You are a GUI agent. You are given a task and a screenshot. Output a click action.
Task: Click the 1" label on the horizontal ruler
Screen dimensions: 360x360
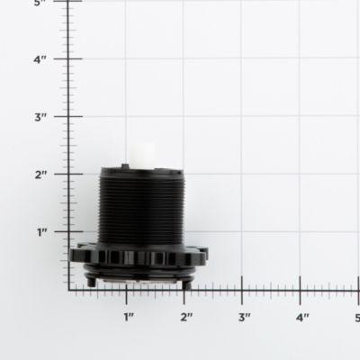pyautogui.click(x=128, y=317)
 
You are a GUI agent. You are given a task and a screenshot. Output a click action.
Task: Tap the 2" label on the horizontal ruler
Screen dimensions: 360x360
pyautogui.click(x=185, y=317)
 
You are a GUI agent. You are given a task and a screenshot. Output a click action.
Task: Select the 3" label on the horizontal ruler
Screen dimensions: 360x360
pyautogui.click(x=243, y=317)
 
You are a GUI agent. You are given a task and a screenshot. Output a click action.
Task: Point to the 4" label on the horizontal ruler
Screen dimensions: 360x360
pyautogui.click(x=301, y=317)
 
